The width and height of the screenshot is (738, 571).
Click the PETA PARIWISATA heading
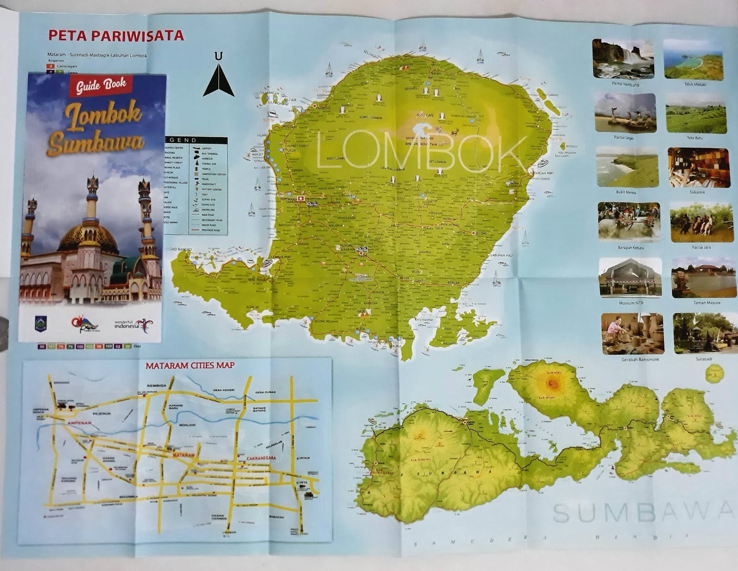coord(116,36)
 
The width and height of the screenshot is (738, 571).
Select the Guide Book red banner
coord(101,85)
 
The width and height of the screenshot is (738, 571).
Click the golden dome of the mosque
coord(88,236)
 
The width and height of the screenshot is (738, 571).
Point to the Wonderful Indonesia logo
coord(134,325)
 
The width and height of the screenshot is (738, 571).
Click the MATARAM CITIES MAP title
coord(190,366)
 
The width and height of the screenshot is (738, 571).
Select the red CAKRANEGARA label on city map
coord(261,458)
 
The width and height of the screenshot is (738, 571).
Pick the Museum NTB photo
coord(630,277)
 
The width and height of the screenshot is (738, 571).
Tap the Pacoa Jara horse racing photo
coord(701,222)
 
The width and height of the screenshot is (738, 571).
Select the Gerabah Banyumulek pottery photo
coord(632,334)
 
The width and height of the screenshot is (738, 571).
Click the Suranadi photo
coord(702,333)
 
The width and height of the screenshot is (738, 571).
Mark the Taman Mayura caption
coord(707,303)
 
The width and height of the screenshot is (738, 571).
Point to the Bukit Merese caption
coord(626,192)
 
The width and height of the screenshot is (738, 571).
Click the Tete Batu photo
coord(696,113)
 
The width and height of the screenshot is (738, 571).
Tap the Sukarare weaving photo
coord(698,168)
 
